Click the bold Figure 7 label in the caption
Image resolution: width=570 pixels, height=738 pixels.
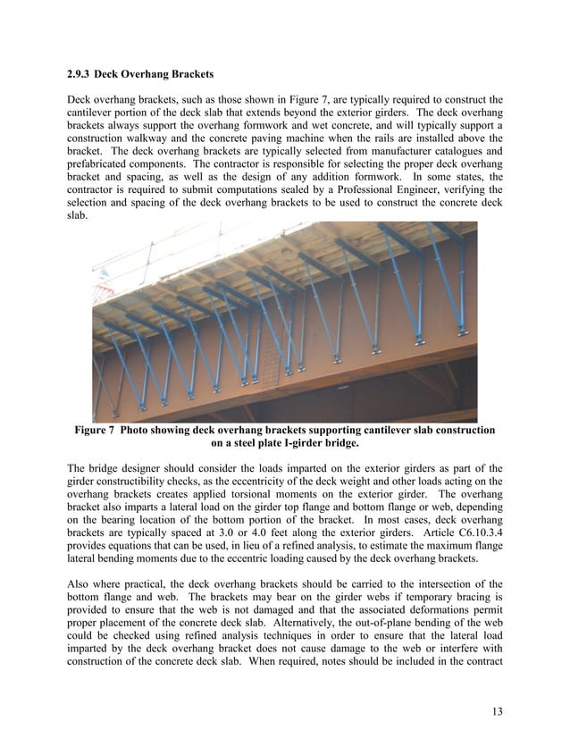click(x=94, y=431)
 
